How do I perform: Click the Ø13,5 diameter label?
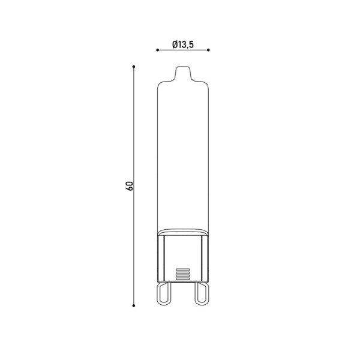tap(183, 44)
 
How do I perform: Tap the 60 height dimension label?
tap(130, 186)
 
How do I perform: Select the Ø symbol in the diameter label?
tap(175, 44)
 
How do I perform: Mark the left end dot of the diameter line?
tap(157, 50)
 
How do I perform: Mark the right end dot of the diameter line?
tap(208, 50)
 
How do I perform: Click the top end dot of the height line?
tap(134, 67)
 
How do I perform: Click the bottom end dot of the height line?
tap(134, 305)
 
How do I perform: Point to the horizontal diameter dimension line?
tap(183, 50)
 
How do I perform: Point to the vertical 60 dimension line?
tap(134, 186)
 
